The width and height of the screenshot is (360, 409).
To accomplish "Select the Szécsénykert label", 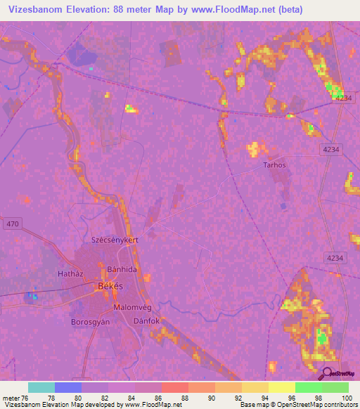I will pos(114,240).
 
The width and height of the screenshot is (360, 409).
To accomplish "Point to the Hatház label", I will pos(71,272).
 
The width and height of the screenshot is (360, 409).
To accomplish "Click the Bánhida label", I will pos(121,269).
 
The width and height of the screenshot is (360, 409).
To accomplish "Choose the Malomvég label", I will pos(131,307).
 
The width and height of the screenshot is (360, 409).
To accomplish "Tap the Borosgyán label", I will pos(91,320).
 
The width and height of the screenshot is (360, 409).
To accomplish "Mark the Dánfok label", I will pos(147,320).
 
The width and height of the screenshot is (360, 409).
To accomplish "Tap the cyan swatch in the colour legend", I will pos(41,387).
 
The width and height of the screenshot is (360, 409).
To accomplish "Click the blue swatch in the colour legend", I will pos(68,387).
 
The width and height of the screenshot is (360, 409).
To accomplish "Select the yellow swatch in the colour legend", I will pos(281,387).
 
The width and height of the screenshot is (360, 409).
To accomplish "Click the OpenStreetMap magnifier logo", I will pos(326,373).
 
